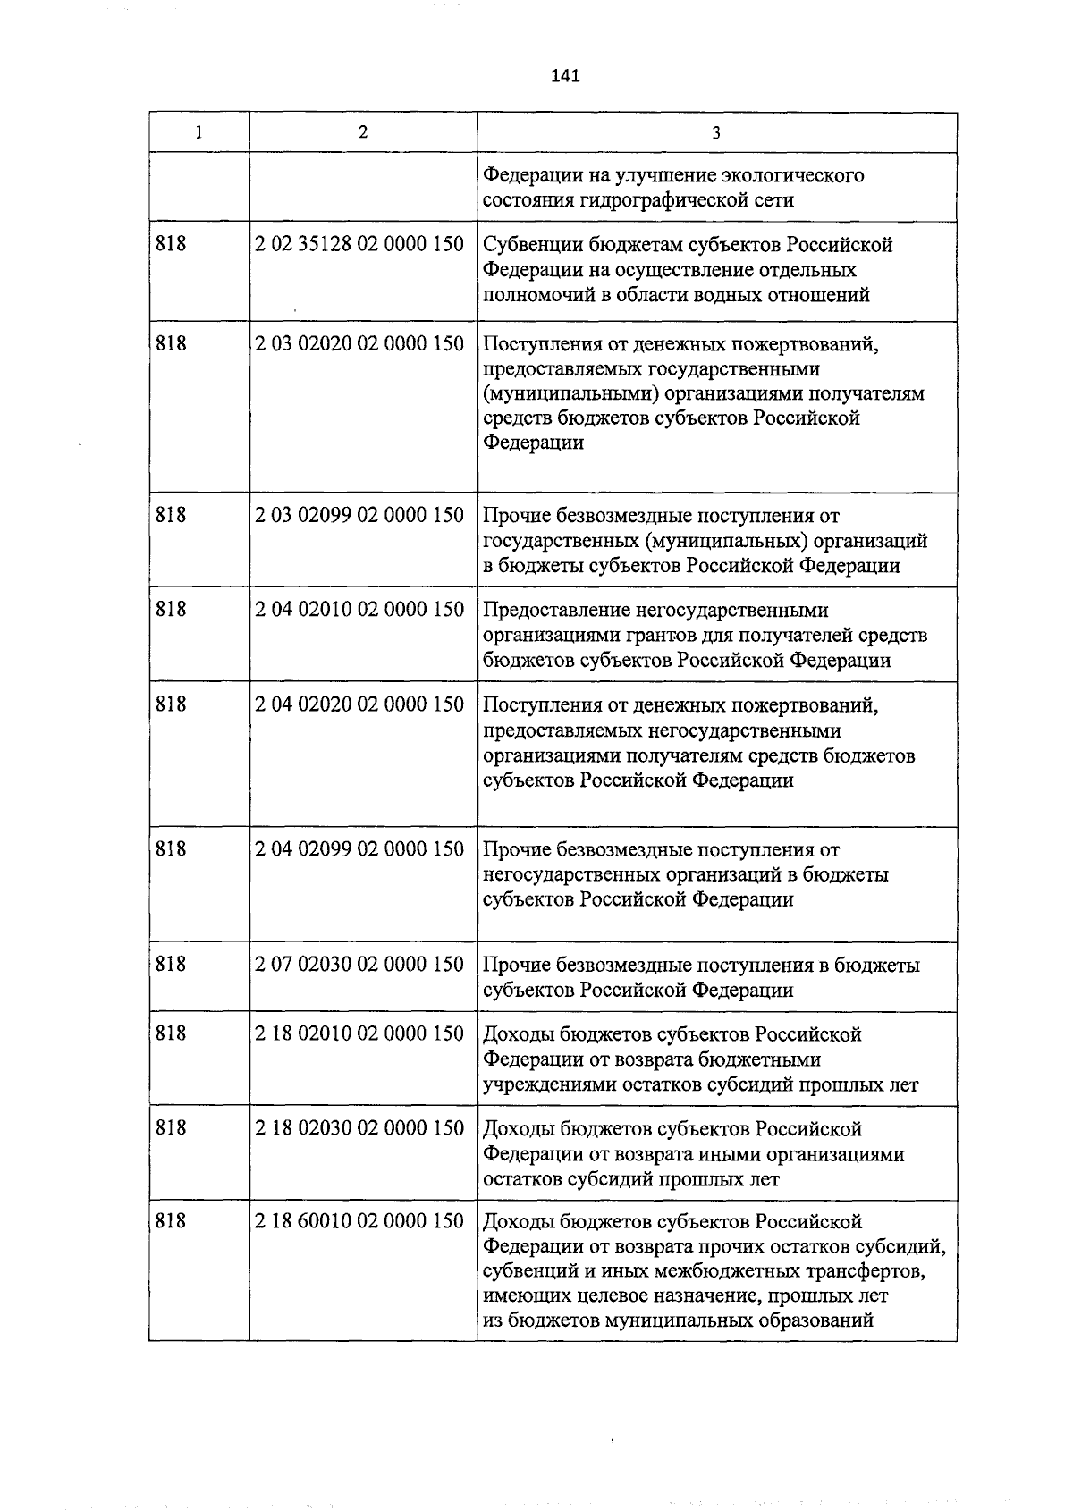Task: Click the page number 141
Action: pos(566,76)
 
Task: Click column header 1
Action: pos(199,132)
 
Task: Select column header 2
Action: pos(362,131)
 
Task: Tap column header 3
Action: pos(716,133)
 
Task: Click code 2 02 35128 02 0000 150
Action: pos(359,243)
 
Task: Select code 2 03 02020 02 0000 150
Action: pos(359,342)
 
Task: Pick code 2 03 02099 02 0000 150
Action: pos(359,515)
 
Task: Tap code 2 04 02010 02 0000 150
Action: pos(359,609)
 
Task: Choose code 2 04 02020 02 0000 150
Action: pos(359,704)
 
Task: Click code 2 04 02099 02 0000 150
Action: pos(359,848)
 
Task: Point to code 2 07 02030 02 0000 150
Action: pos(359,964)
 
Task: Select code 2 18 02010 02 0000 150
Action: pos(359,1033)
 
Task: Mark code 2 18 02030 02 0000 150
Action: pos(359,1128)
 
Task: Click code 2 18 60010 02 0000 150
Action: pos(359,1221)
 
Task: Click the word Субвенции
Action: pos(528,245)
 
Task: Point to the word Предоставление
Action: pos(554,611)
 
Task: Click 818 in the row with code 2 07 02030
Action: pos(171,964)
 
